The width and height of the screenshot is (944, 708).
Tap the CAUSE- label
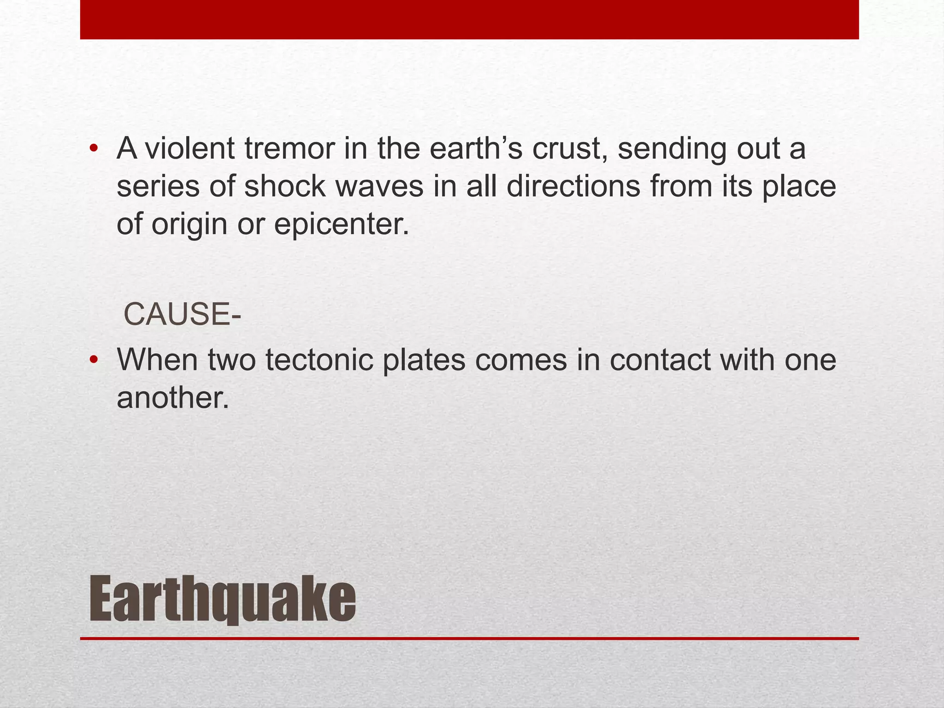click(x=182, y=314)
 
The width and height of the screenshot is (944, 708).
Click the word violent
click(x=190, y=148)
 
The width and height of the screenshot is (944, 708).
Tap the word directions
click(x=573, y=187)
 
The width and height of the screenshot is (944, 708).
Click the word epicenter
click(x=342, y=224)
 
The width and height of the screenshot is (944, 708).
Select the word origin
click(x=189, y=224)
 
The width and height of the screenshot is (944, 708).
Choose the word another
click(x=173, y=397)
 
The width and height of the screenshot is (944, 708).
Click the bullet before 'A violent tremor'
click(x=94, y=148)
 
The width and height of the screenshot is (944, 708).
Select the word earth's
click(x=475, y=148)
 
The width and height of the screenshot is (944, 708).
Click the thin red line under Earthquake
click(x=469, y=639)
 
